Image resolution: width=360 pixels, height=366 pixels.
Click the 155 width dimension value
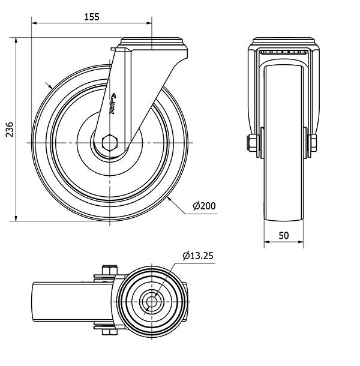[x=92, y=17]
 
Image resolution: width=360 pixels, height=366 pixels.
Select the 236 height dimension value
[x=10, y=130]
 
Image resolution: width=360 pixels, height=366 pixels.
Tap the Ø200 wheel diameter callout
[x=204, y=206]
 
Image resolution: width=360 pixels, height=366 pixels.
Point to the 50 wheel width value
[x=284, y=236]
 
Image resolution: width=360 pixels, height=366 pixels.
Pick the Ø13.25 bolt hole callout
[x=198, y=256]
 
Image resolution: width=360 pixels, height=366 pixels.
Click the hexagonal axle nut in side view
[x=110, y=143]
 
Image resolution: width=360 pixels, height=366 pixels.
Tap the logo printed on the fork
[x=113, y=103]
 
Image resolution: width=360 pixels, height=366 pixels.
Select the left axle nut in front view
[x=251, y=143]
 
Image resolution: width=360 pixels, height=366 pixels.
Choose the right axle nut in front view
[x=313, y=143]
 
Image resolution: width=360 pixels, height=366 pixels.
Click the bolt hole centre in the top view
[x=152, y=302]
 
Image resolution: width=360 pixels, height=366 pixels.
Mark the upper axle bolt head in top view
[x=109, y=270]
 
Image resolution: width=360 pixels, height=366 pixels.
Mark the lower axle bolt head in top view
[x=109, y=332]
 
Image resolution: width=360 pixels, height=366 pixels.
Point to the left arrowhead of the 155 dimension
[x=34, y=23]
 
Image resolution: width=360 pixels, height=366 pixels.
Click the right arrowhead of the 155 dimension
[x=149, y=23]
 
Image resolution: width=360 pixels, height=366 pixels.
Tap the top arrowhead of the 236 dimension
[x=16, y=40]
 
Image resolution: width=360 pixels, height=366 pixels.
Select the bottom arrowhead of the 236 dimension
[x=16, y=218]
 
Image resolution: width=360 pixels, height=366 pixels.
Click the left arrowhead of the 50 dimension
[x=267, y=242]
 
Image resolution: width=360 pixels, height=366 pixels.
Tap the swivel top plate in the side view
[x=284, y=41]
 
